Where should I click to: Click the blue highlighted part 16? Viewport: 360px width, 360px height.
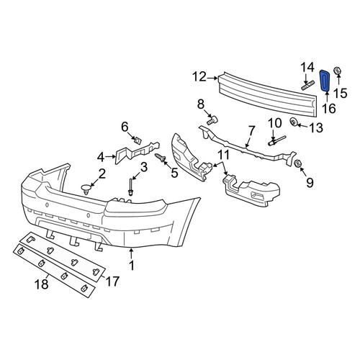325,81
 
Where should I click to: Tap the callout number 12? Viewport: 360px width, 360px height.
199,77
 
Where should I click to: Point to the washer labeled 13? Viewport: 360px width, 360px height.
293,122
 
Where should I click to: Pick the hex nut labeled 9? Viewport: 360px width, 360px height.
298,163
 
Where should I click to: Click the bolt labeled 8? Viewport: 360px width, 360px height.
212,120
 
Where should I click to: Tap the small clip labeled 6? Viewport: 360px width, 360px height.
138,140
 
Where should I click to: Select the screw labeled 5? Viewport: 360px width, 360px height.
161,158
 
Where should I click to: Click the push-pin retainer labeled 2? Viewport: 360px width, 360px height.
86,189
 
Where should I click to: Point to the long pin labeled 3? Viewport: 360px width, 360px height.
130,187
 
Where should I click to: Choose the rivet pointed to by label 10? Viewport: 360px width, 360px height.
276,140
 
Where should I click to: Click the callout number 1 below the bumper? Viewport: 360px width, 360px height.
132,266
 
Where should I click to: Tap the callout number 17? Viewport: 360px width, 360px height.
112,282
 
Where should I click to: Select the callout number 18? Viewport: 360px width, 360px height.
42,284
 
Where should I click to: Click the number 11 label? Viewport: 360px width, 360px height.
223,156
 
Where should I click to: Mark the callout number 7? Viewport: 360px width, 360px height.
251,131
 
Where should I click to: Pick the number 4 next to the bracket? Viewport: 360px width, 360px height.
101,158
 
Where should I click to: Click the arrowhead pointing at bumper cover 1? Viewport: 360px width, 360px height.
131,251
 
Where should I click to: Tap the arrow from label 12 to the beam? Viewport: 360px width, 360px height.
212,78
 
